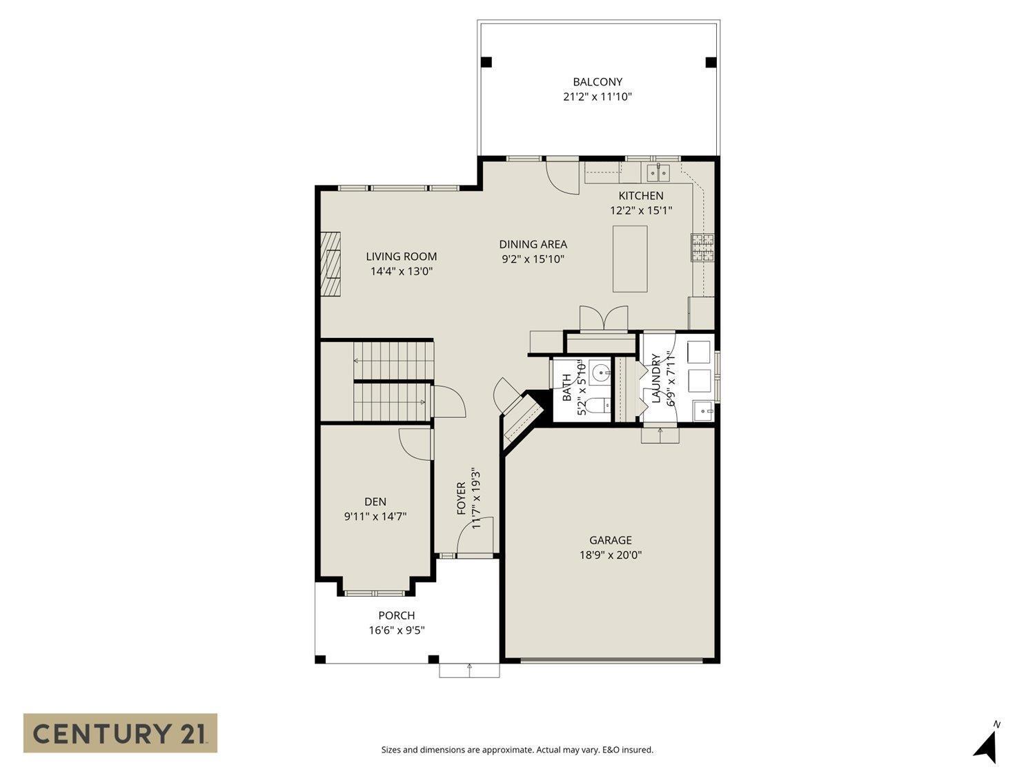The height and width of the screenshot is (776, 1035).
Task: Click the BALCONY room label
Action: click(597, 82)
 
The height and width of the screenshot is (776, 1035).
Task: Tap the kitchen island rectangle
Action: click(630, 259)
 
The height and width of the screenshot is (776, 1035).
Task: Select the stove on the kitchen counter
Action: click(702, 248)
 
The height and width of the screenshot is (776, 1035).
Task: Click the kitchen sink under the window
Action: click(658, 171)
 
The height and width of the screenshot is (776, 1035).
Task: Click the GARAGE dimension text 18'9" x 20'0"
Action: click(611, 555)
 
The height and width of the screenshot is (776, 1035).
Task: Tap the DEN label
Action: click(375, 501)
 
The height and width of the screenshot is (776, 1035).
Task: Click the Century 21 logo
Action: click(120, 733)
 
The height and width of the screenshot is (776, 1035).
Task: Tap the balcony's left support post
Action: click(486, 62)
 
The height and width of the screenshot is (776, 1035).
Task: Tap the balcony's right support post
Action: click(711, 62)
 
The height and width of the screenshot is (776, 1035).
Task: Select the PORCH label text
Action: click(397, 615)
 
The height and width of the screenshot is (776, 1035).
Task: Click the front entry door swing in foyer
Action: click(476, 537)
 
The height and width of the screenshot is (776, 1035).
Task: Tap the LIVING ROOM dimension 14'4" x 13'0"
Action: click(401, 271)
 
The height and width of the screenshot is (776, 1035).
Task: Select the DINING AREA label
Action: click(533, 244)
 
